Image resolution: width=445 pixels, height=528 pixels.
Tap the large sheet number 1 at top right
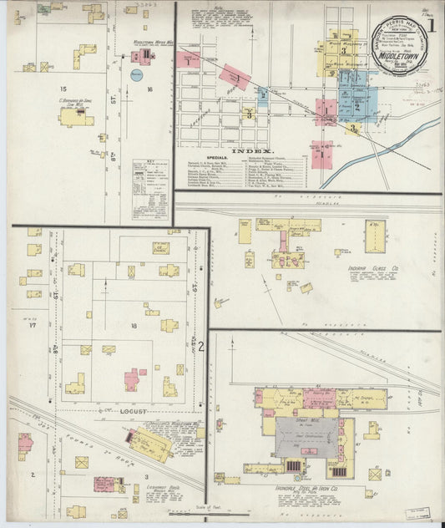pyautogui.click(x=432, y=23)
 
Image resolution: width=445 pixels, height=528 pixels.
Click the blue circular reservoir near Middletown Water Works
pyautogui.click(x=136, y=75)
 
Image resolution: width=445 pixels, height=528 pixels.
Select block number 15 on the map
pyautogui.click(x=62, y=88)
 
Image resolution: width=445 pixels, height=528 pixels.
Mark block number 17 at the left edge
pyautogui.click(x=33, y=326)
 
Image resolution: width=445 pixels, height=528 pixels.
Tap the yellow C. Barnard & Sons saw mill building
pyautogui.click(x=75, y=119)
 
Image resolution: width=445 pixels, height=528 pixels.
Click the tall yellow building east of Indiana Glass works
pyautogui.click(x=375, y=236)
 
